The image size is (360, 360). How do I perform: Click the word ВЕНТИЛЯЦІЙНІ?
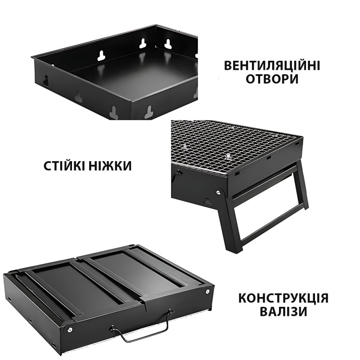click(x=272, y=66)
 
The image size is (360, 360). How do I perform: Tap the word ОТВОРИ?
click(x=272, y=79)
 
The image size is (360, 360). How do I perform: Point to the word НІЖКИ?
click(x=110, y=166)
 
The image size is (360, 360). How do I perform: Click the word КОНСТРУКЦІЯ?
click(x=283, y=298)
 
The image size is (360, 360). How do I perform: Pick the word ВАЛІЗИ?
click(x=283, y=311)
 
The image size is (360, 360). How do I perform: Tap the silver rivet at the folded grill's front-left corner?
click(x=69, y=330)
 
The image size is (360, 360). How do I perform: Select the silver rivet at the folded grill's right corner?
click(x=208, y=292)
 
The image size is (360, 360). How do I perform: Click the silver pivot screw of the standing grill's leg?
click(x=218, y=192)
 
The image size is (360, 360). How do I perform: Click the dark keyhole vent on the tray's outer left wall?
click(x=46, y=81)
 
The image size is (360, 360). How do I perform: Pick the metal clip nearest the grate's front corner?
click(x=228, y=157)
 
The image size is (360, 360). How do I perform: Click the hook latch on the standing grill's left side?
click(x=178, y=173)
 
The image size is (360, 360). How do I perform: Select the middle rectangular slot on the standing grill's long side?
click(x=268, y=158)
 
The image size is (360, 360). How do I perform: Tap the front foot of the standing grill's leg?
click(x=234, y=250)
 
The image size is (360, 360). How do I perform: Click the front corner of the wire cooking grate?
click(x=227, y=173)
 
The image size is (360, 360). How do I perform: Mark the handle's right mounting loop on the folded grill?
click(x=171, y=312)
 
